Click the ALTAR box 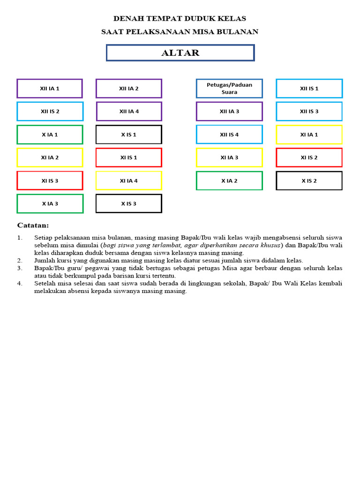coord(180,53)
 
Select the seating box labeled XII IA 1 coord(50,89)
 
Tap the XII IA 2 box coord(129,89)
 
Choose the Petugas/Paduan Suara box coord(229,89)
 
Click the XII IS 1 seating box coord(309,89)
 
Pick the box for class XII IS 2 coord(50,112)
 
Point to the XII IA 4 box coord(129,112)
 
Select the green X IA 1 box coord(50,135)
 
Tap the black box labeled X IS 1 coord(129,135)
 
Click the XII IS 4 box coord(229,135)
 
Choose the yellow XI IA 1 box coord(309,135)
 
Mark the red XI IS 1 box coord(129,157)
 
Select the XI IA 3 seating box coord(229,157)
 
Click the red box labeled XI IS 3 coord(50,180)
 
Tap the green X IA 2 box coord(229,180)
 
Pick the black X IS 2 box coord(309,180)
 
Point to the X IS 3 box coord(129,203)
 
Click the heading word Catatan coord(33,225)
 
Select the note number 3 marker coord(20,268)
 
